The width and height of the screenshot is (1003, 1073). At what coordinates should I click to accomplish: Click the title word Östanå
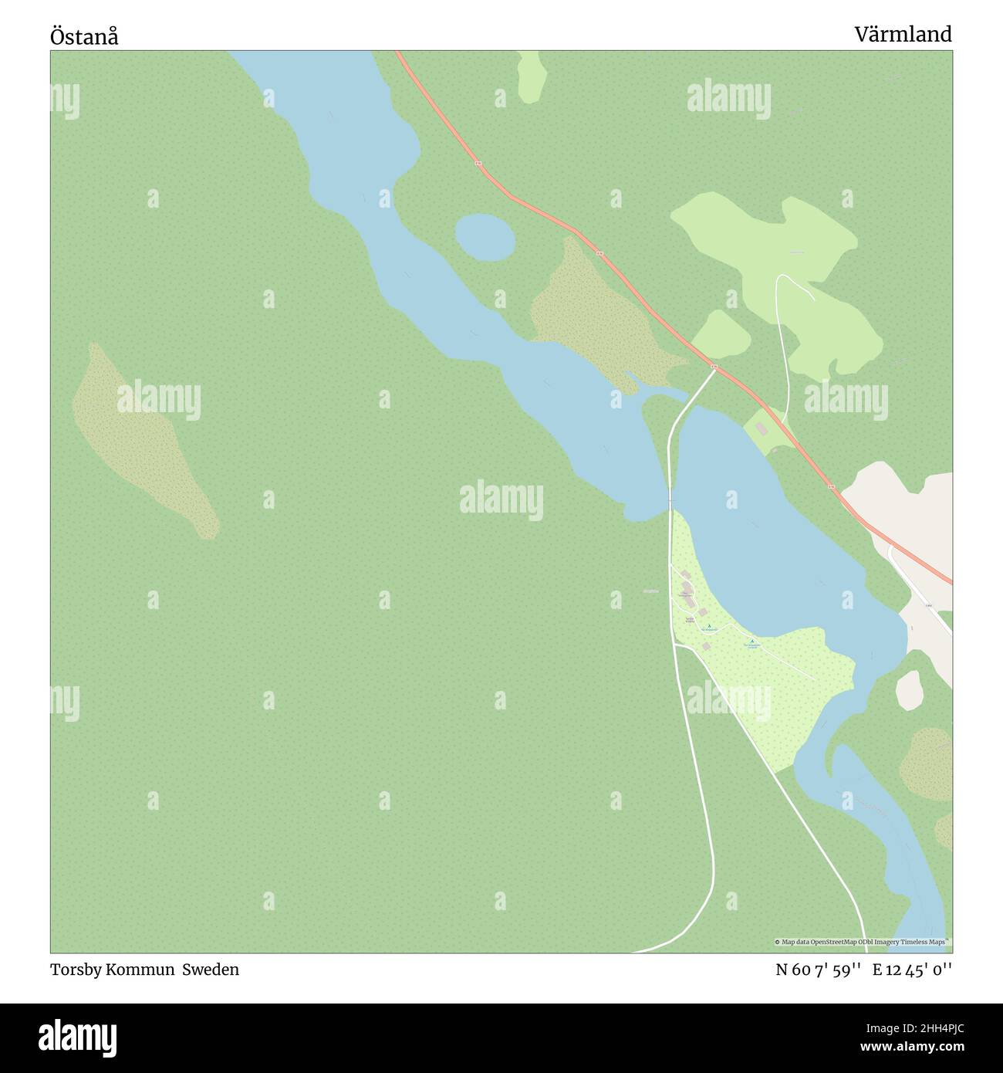(x=84, y=36)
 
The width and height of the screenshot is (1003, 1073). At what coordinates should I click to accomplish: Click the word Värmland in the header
(x=903, y=34)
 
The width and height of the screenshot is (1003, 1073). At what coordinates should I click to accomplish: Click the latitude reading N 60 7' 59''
(x=818, y=970)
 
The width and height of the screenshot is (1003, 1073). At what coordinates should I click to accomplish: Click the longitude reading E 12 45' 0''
(x=912, y=970)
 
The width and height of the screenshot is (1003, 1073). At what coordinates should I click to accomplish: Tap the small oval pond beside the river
(x=485, y=236)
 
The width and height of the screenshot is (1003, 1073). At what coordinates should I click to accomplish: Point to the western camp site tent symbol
(x=709, y=625)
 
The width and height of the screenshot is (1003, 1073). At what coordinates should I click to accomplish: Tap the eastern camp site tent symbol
(x=752, y=641)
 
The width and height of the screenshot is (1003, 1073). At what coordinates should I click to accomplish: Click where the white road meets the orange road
(x=714, y=369)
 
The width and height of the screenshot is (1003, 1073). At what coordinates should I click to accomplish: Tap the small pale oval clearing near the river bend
(x=909, y=689)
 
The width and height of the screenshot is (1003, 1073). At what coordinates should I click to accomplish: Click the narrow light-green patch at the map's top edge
(x=532, y=76)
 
